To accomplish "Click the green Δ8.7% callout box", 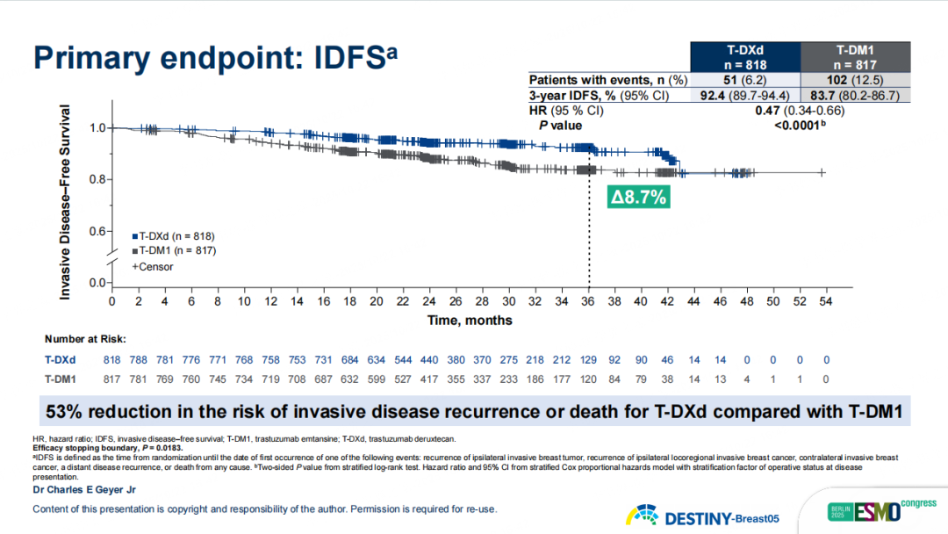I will coord(638,198).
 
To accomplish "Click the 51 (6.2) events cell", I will coord(745,80).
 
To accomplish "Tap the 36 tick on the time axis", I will coord(588,301).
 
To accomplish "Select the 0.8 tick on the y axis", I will coord(98,180).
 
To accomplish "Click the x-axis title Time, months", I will coord(470,321).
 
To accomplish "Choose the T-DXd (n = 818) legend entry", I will coord(173,236).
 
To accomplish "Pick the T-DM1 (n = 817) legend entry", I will coord(173,250).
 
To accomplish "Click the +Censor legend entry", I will coord(153,266).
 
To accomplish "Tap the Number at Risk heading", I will coord(85,338).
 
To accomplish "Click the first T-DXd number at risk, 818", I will coord(112,360).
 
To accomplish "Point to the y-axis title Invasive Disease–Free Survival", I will coord(65,202).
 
